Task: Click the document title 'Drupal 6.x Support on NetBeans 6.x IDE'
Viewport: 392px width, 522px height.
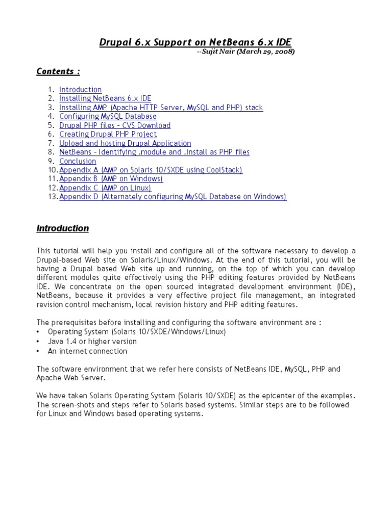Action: [x=195, y=42]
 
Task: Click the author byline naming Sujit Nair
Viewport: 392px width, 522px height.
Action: [x=246, y=51]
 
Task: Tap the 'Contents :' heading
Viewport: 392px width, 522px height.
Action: [x=58, y=71]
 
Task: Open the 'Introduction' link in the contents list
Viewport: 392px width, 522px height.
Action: [x=80, y=90]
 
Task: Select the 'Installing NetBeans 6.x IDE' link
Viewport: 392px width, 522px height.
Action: [x=105, y=98]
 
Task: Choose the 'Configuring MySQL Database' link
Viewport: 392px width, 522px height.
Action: [x=108, y=116]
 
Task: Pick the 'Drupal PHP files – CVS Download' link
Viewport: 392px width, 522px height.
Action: [x=115, y=125]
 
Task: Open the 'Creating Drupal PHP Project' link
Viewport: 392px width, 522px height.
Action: [x=108, y=134]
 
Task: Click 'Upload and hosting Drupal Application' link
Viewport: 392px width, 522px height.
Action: [x=125, y=143]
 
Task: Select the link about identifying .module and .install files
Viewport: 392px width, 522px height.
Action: [x=154, y=152]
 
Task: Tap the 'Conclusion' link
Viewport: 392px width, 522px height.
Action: [x=78, y=161]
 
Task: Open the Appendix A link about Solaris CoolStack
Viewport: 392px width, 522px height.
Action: [x=151, y=170]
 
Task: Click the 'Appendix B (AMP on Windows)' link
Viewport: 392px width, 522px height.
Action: [x=111, y=179]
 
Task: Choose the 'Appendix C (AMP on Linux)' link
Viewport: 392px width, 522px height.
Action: [x=105, y=188]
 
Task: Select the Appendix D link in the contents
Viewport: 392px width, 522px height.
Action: [x=173, y=197]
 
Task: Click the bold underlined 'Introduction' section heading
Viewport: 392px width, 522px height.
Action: [x=63, y=228]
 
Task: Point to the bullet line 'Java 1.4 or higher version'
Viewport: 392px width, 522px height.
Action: [x=92, y=342]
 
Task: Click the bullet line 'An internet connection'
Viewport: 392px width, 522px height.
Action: [x=87, y=351]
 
